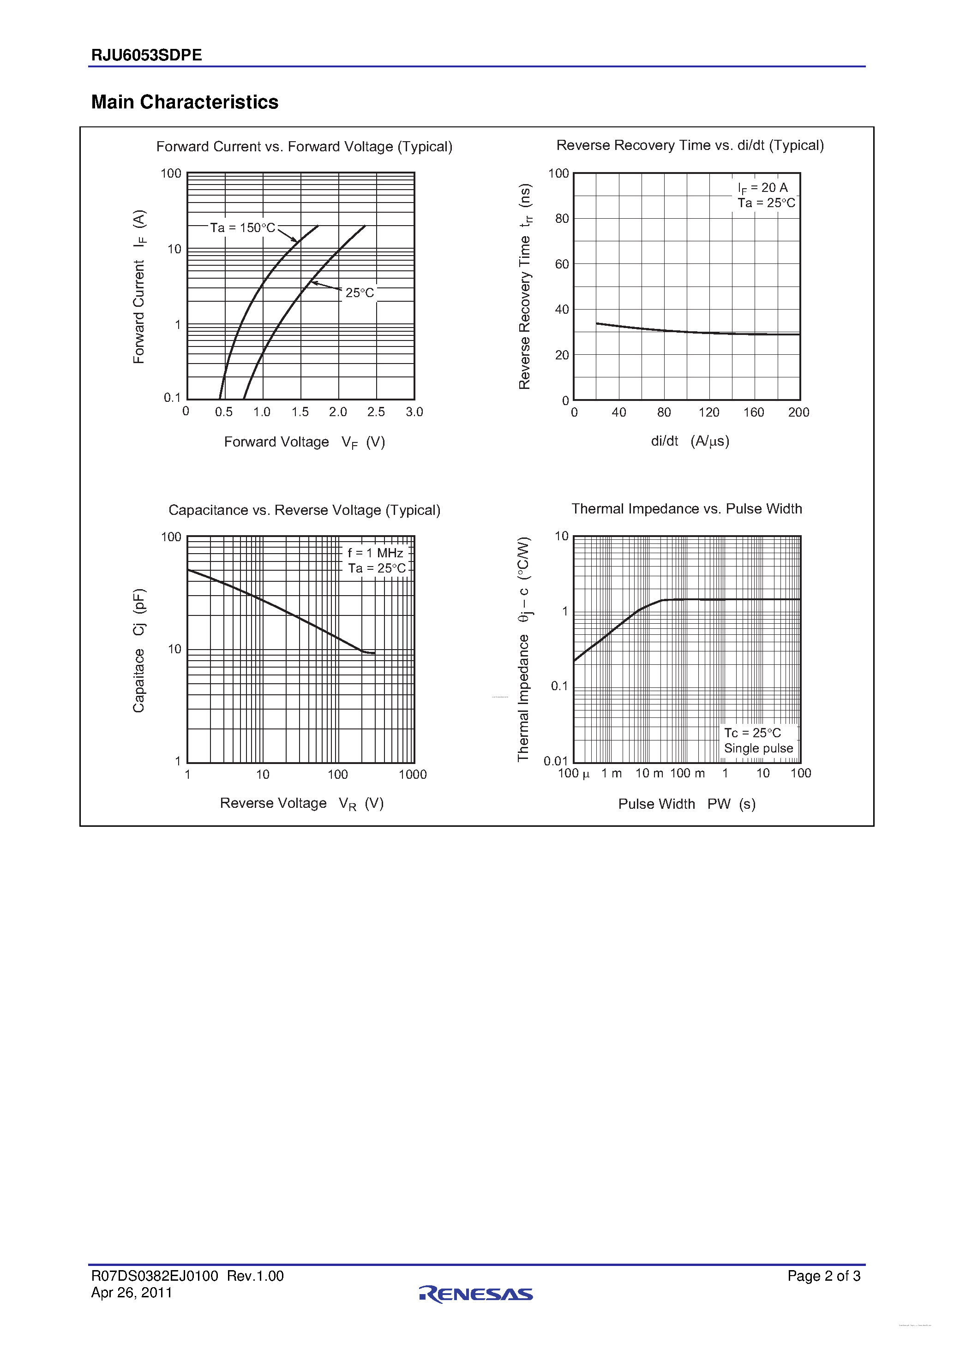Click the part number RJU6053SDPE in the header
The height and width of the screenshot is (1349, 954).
146,55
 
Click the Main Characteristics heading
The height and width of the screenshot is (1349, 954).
185,102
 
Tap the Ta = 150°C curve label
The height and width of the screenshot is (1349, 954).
242,228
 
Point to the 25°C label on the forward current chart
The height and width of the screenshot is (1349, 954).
359,292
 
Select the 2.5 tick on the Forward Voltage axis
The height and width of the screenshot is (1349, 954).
376,412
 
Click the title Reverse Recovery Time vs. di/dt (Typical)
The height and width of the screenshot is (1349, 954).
690,145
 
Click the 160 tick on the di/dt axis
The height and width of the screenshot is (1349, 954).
754,412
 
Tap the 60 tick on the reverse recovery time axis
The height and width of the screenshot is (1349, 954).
562,264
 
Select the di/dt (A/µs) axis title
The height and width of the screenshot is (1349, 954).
690,441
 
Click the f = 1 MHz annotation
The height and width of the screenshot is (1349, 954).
375,553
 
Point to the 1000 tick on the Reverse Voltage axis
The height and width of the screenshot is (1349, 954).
413,774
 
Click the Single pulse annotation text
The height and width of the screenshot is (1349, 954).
758,748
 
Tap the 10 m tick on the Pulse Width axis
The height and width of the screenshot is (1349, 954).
649,773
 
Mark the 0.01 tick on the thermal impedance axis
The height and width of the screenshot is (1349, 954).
556,761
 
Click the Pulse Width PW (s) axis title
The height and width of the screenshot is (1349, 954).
687,804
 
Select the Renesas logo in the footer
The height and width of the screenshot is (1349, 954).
476,1293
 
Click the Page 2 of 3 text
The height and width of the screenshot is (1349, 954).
823,1276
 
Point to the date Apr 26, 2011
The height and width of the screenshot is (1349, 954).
132,1293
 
